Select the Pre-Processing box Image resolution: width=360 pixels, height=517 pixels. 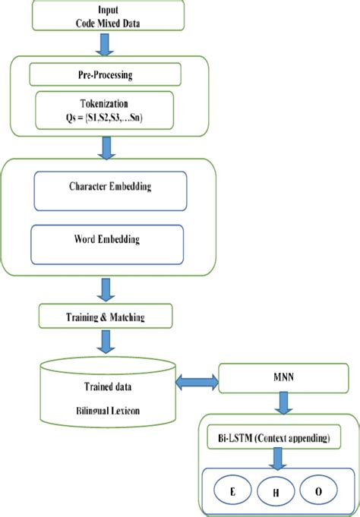coord(104,74)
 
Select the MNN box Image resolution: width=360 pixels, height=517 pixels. coord(283,379)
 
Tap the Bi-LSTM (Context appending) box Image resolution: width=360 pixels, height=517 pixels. coord(280,439)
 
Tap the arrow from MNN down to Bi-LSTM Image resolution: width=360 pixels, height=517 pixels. coord(283,404)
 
